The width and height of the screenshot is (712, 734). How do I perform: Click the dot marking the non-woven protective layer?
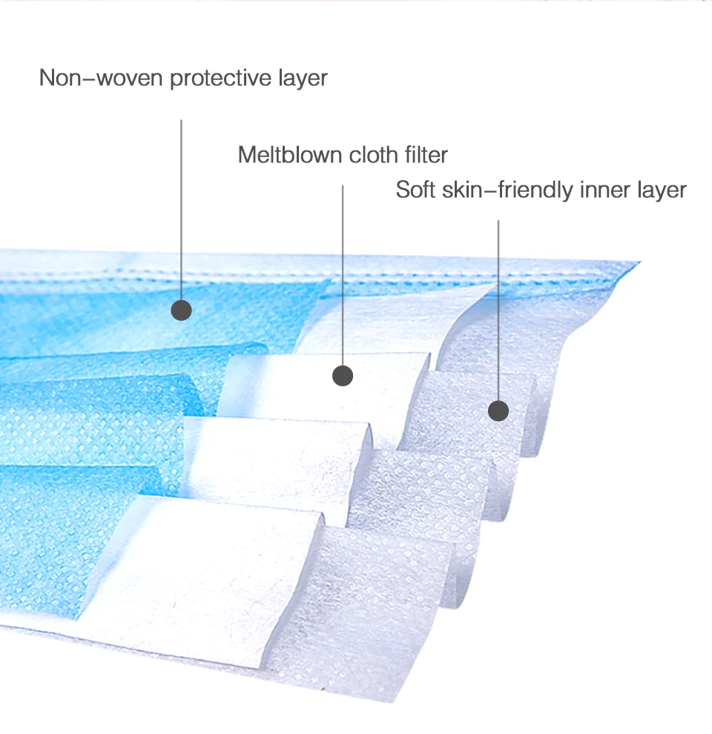[x=181, y=310]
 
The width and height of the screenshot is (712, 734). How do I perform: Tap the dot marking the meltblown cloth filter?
[x=342, y=376]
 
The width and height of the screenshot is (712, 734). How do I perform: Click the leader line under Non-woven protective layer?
[x=181, y=208]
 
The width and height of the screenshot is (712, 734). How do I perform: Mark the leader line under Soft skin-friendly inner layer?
[x=498, y=311]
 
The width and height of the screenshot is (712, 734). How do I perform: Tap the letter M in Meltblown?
[x=247, y=155]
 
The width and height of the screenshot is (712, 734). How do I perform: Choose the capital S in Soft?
[x=403, y=190]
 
